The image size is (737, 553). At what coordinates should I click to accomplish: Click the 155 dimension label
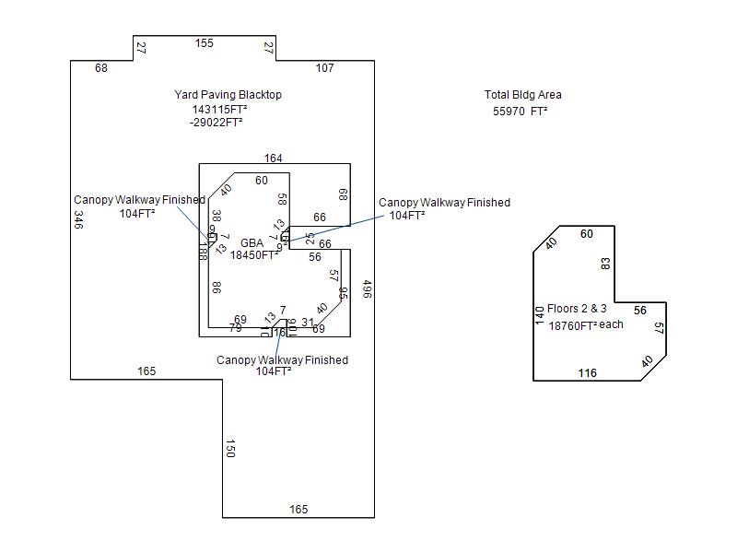point(205,43)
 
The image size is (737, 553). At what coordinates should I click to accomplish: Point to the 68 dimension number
point(101,68)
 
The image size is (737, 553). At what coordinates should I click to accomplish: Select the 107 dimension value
point(325,68)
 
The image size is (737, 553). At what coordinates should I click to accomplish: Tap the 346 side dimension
point(79,220)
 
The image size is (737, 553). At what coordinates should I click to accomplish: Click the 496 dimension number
point(367,289)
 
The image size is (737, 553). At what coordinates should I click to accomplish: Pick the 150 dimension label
point(230,448)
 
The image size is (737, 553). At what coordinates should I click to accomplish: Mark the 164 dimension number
point(274,159)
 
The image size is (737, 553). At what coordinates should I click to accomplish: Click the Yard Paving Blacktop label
point(228,95)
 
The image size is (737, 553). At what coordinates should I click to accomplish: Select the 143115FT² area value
point(219,109)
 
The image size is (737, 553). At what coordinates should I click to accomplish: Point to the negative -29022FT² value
point(216,122)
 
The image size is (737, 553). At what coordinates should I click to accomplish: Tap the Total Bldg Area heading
point(522,95)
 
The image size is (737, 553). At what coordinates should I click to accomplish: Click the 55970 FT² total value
point(521,111)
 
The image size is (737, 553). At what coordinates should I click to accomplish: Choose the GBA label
point(252,243)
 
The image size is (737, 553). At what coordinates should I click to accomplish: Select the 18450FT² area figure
point(254,256)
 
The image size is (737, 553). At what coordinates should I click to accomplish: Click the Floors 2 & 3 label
point(577,309)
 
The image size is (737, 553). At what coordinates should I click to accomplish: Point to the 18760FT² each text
point(586,325)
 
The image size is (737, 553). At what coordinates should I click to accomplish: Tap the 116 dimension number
point(587,373)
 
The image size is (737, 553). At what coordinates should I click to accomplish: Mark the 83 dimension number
point(605,264)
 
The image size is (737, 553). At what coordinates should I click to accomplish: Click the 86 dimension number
point(216,288)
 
